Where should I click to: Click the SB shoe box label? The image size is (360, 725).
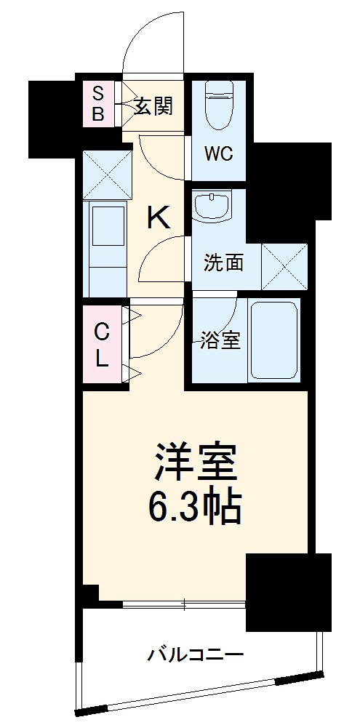point(98,103)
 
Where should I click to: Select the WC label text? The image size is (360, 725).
point(218,155)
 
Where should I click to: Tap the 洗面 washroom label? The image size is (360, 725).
point(223,263)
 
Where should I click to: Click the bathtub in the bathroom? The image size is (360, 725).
point(273,340)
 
